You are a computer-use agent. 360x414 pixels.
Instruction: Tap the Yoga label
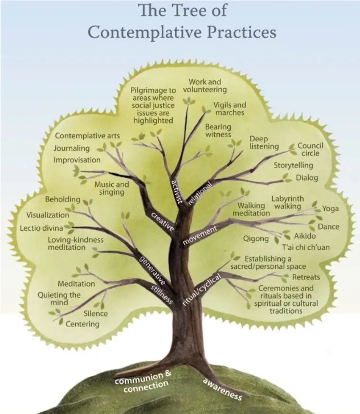click(330, 209)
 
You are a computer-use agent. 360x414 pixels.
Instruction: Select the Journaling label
click(72, 148)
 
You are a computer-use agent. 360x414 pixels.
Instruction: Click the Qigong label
click(256, 238)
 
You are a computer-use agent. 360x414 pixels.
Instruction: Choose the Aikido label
click(305, 236)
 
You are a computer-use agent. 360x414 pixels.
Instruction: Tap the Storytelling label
click(293, 165)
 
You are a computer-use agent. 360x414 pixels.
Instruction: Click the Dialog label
click(306, 178)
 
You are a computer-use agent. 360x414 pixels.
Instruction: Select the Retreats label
click(306, 277)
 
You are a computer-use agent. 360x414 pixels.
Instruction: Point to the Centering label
click(83, 324)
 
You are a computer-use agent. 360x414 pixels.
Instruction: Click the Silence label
click(95, 313)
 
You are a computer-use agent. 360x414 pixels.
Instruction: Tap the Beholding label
click(62, 200)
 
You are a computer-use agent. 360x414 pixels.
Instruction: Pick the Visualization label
click(48, 215)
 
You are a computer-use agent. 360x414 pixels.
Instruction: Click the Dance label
click(328, 227)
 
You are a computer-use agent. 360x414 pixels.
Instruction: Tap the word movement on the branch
click(199, 235)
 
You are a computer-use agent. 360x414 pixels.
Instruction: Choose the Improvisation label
click(77, 160)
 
